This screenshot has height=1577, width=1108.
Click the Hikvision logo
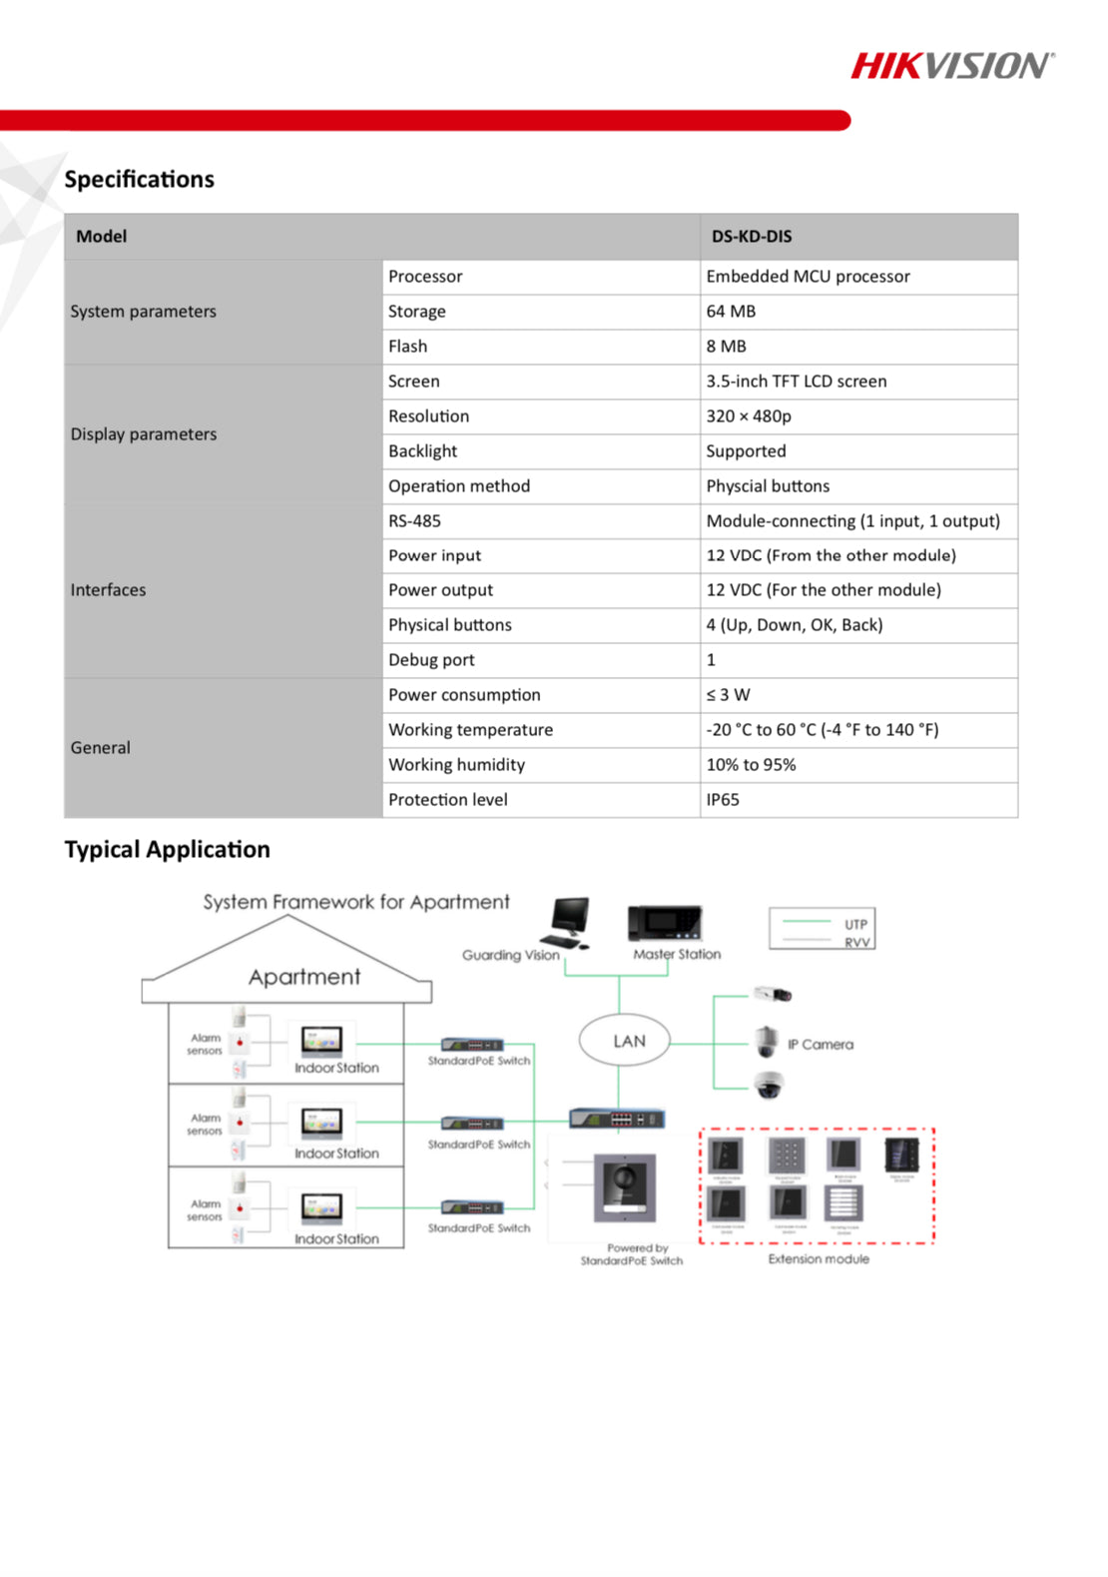tap(951, 66)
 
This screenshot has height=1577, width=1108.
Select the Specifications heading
tap(140, 180)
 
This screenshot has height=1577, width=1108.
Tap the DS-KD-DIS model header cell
tap(752, 237)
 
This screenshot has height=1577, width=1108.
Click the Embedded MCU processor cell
tap(808, 277)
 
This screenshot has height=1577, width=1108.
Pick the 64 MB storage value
tap(731, 312)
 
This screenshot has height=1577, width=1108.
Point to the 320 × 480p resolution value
tap(749, 416)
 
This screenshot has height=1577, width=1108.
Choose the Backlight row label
tap(422, 451)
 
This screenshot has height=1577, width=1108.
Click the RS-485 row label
tap(414, 521)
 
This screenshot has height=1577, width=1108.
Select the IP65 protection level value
tap(723, 800)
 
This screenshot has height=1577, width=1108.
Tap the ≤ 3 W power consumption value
tap(728, 695)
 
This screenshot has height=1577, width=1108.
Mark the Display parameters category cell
tap(144, 434)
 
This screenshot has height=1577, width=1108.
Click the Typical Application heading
tap(168, 850)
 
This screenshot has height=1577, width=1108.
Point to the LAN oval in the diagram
tap(625, 1041)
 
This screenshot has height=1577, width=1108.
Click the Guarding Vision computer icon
tap(566, 921)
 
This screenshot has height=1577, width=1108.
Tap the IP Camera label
tap(821, 1045)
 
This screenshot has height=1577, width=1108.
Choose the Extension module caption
tap(819, 1259)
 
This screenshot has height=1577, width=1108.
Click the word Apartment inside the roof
tap(304, 977)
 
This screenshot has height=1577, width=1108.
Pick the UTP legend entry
tap(855, 924)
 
